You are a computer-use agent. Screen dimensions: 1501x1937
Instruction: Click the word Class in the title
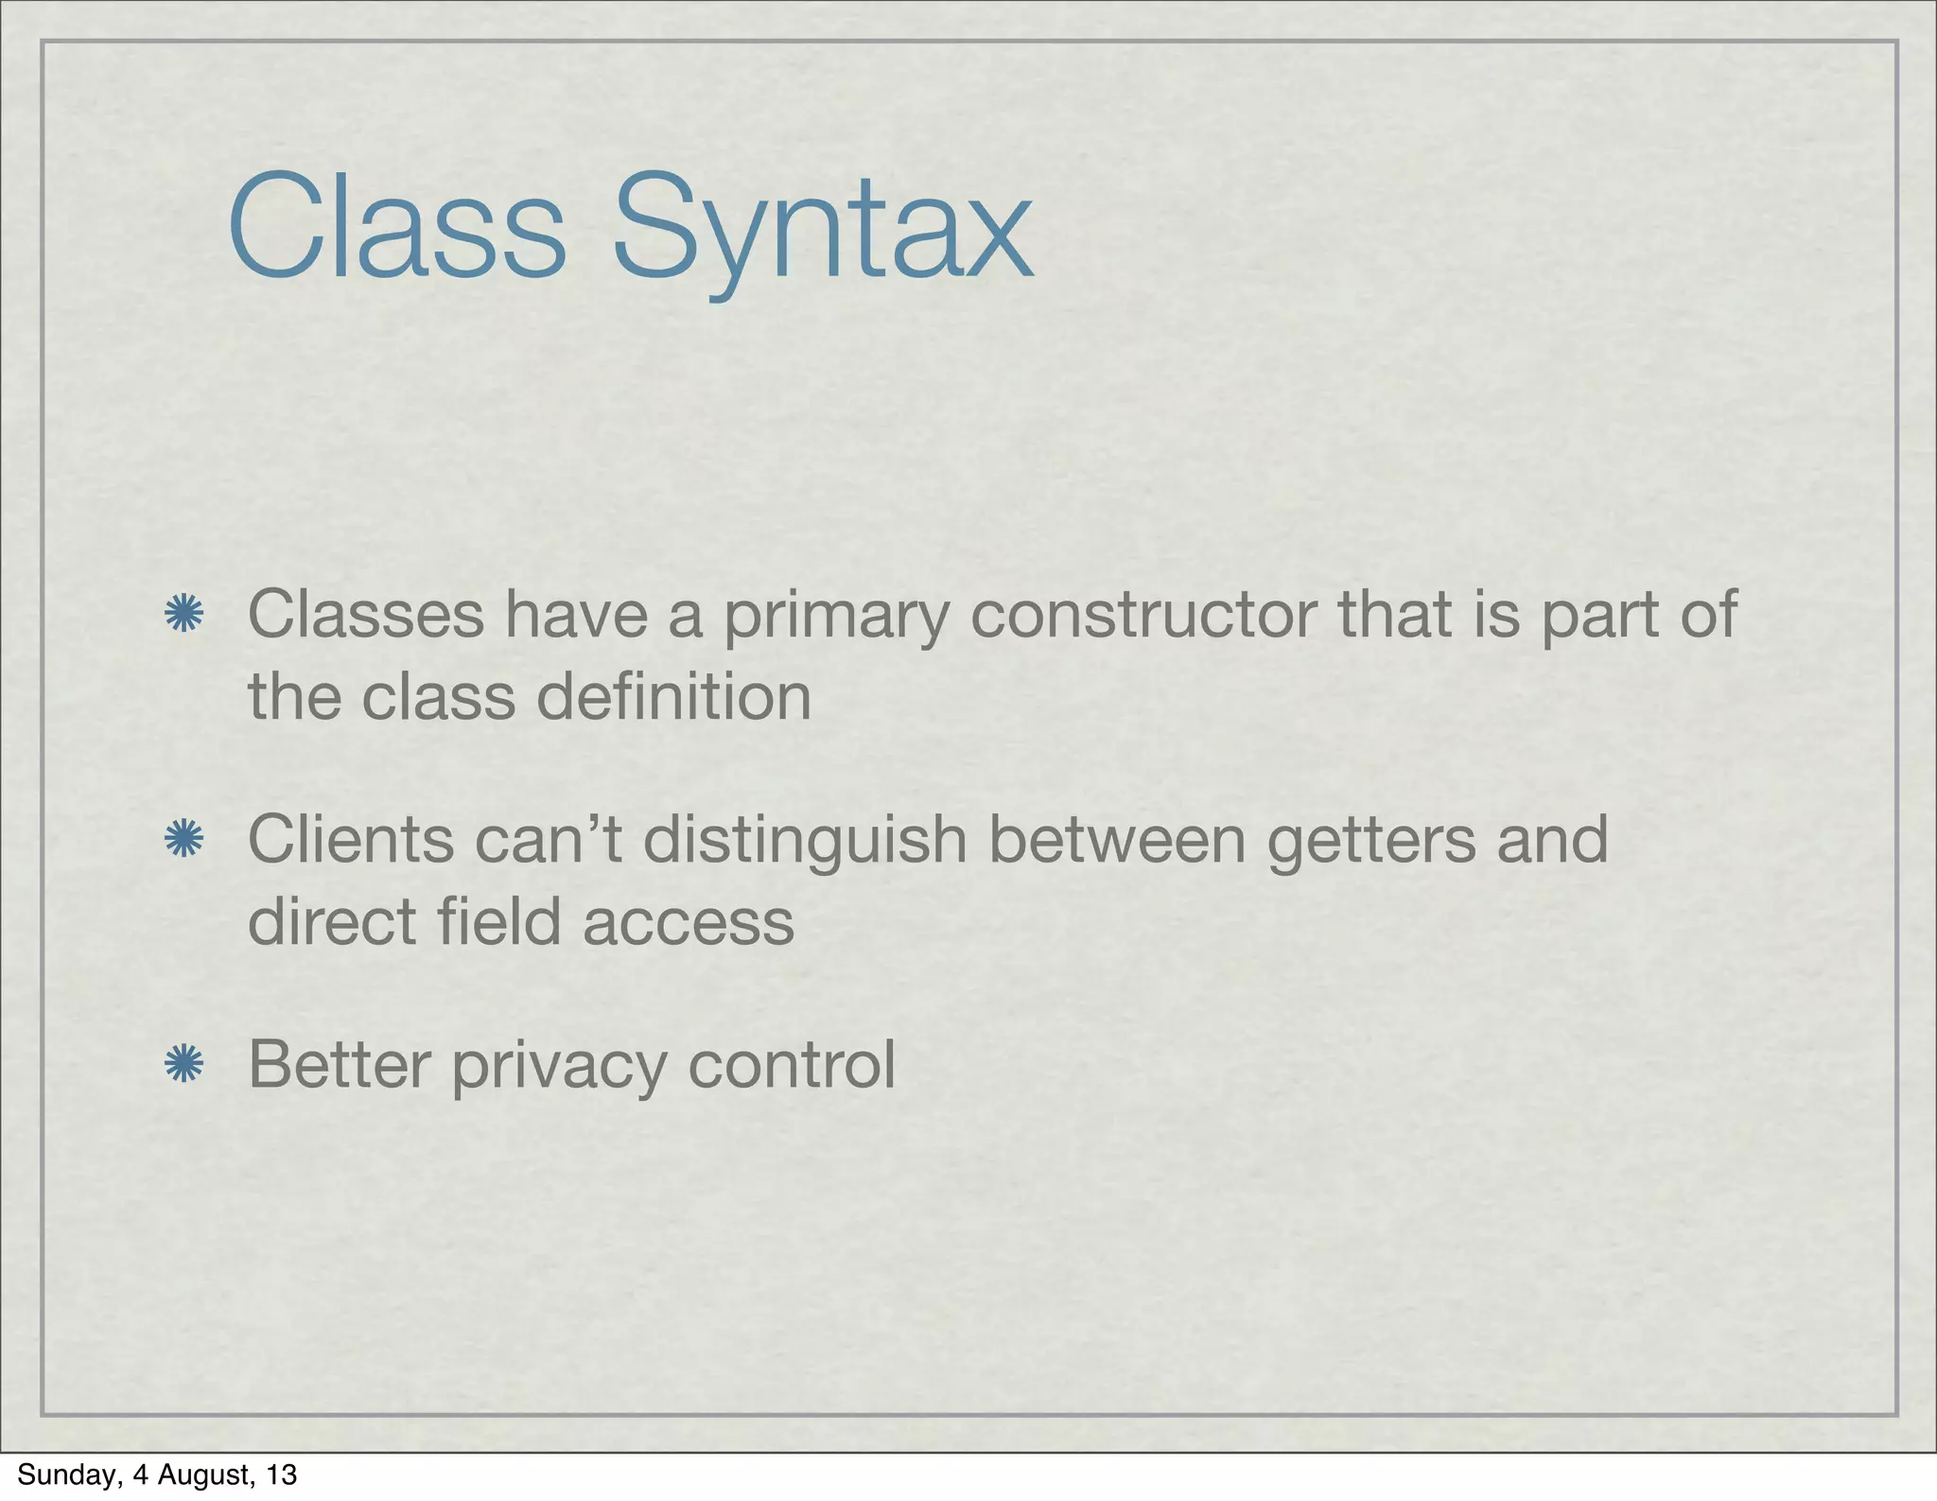tap(396, 227)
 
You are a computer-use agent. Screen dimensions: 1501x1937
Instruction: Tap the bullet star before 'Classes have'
tap(183, 614)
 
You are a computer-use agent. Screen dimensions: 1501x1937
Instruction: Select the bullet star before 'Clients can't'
tap(183, 839)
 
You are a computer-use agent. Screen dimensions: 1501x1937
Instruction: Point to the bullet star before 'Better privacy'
tap(183, 1064)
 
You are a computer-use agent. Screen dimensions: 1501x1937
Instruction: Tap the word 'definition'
tap(673, 697)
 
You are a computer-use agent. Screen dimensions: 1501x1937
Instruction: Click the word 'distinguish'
tap(805, 842)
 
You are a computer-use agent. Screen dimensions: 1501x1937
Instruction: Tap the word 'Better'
tap(340, 1064)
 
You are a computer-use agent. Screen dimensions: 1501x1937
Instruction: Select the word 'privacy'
tap(559, 1067)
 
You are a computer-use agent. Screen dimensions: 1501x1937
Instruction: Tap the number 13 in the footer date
tap(282, 1475)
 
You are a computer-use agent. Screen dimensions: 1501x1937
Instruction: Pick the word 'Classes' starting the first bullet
tap(366, 615)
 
